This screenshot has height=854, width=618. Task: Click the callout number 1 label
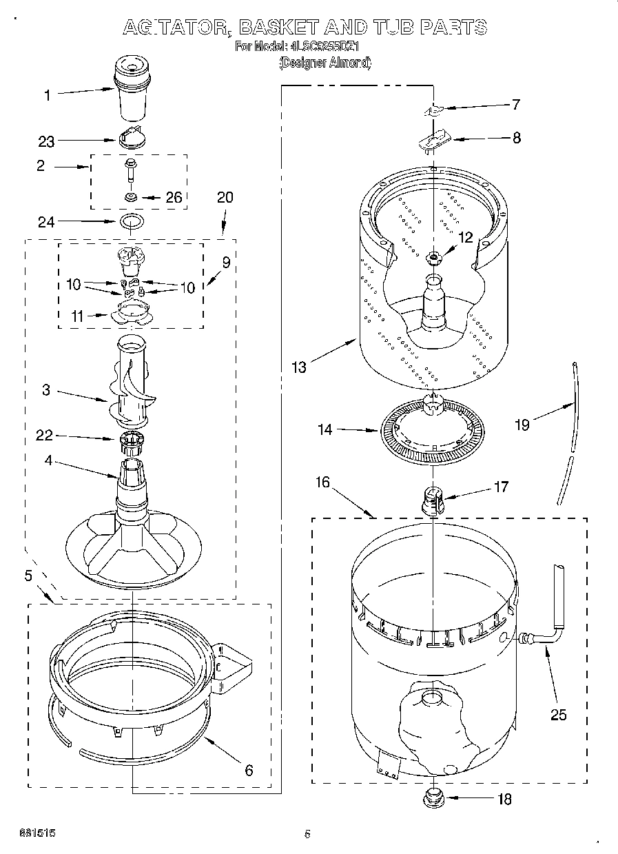pyautogui.click(x=47, y=96)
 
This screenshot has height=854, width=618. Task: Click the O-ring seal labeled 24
pyautogui.click(x=132, y=222)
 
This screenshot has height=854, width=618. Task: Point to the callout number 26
pyautogui.click(x=173, y=198)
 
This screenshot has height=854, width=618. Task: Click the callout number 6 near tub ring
pyautogui.click(x=249, y=770)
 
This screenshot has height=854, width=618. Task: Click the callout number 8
pyautogui.click(x=516, y=138)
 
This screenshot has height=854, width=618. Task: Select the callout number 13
pyautogui.click(x=298, y=367)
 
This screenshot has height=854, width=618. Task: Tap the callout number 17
pyautogui.click(x=501, y=487)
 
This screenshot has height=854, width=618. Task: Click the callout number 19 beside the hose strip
pyautogui.click(x=522, y=425)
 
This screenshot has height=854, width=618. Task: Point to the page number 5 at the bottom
pyautogui.click(x=307, y=835)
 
